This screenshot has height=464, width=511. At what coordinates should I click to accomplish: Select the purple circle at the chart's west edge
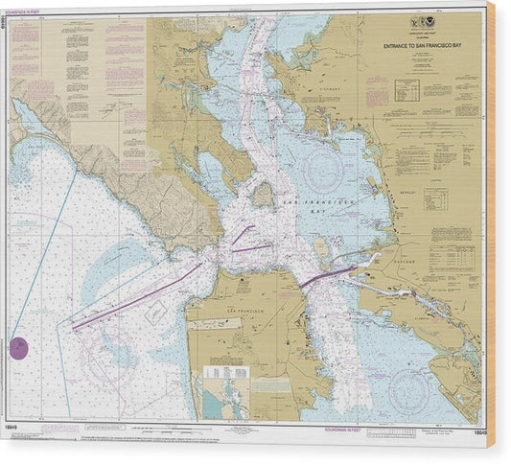pos(18,347)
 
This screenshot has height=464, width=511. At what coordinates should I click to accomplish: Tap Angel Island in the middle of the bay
pos(262,194)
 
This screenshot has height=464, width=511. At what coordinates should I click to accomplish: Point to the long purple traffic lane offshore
pos(134,299)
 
